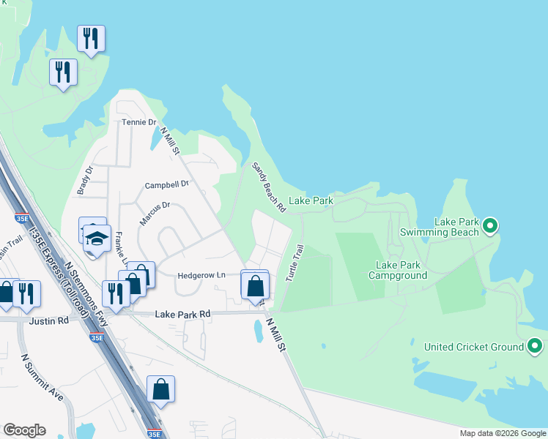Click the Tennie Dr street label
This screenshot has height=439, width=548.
tap(139, 122)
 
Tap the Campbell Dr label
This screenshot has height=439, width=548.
tap(167, 184)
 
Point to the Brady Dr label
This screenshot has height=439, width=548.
tap(85, 180)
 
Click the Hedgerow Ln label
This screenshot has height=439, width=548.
tap(201, 275)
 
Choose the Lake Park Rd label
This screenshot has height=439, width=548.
tap(182, 314)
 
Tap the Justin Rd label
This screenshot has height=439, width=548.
tap(49, 320)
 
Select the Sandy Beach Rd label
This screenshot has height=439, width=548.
tap(268, 188)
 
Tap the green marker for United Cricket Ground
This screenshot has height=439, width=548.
tap(536, 346)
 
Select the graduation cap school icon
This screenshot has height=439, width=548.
tap(96, 239)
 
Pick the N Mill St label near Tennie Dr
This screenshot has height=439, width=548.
tap(170, 140)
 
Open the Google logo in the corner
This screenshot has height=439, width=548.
tap(24, 430)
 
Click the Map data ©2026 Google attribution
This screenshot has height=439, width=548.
tap(502, 433)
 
